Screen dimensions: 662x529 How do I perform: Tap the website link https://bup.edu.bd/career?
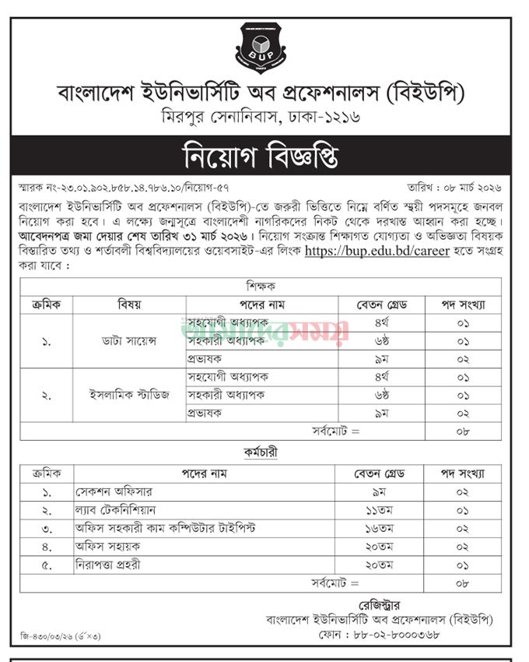click(377, 251)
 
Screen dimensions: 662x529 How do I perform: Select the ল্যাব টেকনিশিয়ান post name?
click(117, 511)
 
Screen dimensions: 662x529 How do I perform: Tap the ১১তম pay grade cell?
click(379, 511)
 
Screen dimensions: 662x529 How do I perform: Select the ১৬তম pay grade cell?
click(379, 529)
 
